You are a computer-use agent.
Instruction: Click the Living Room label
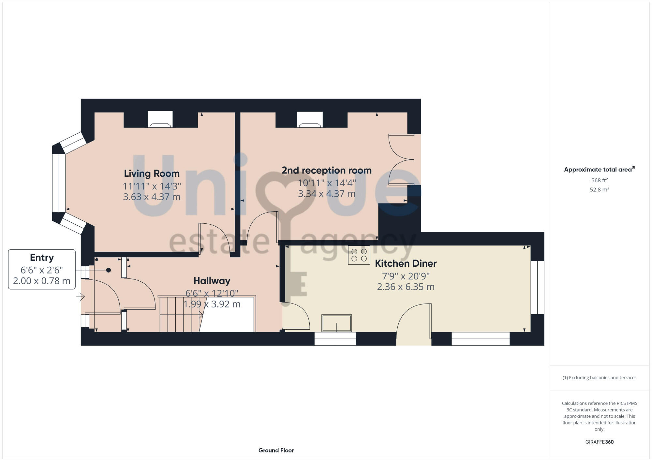tap(152, 173)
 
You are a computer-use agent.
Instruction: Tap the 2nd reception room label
tap(326, 170)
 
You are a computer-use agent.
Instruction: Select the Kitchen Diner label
tap(406, 263)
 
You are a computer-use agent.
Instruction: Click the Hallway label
tap(212, 281)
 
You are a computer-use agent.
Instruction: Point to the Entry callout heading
tap(42, 258)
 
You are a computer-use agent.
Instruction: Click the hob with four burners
tap(359, 255)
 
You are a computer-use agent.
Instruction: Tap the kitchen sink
tap(336, 323)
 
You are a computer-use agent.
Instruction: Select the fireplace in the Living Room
tap(160, 120)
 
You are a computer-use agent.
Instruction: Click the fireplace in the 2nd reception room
tap(310, 120)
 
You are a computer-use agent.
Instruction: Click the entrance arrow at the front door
tap(81, 297)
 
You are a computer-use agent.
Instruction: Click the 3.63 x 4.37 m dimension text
tap(152, 197)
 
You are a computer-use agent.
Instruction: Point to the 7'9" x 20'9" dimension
tap(406, 276)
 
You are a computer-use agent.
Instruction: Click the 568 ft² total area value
tap(599, 180)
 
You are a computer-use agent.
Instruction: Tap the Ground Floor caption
tap(276, 450)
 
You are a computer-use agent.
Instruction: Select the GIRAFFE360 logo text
tap(599, 442)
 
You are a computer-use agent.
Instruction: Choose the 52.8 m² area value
tap(599, 189)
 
